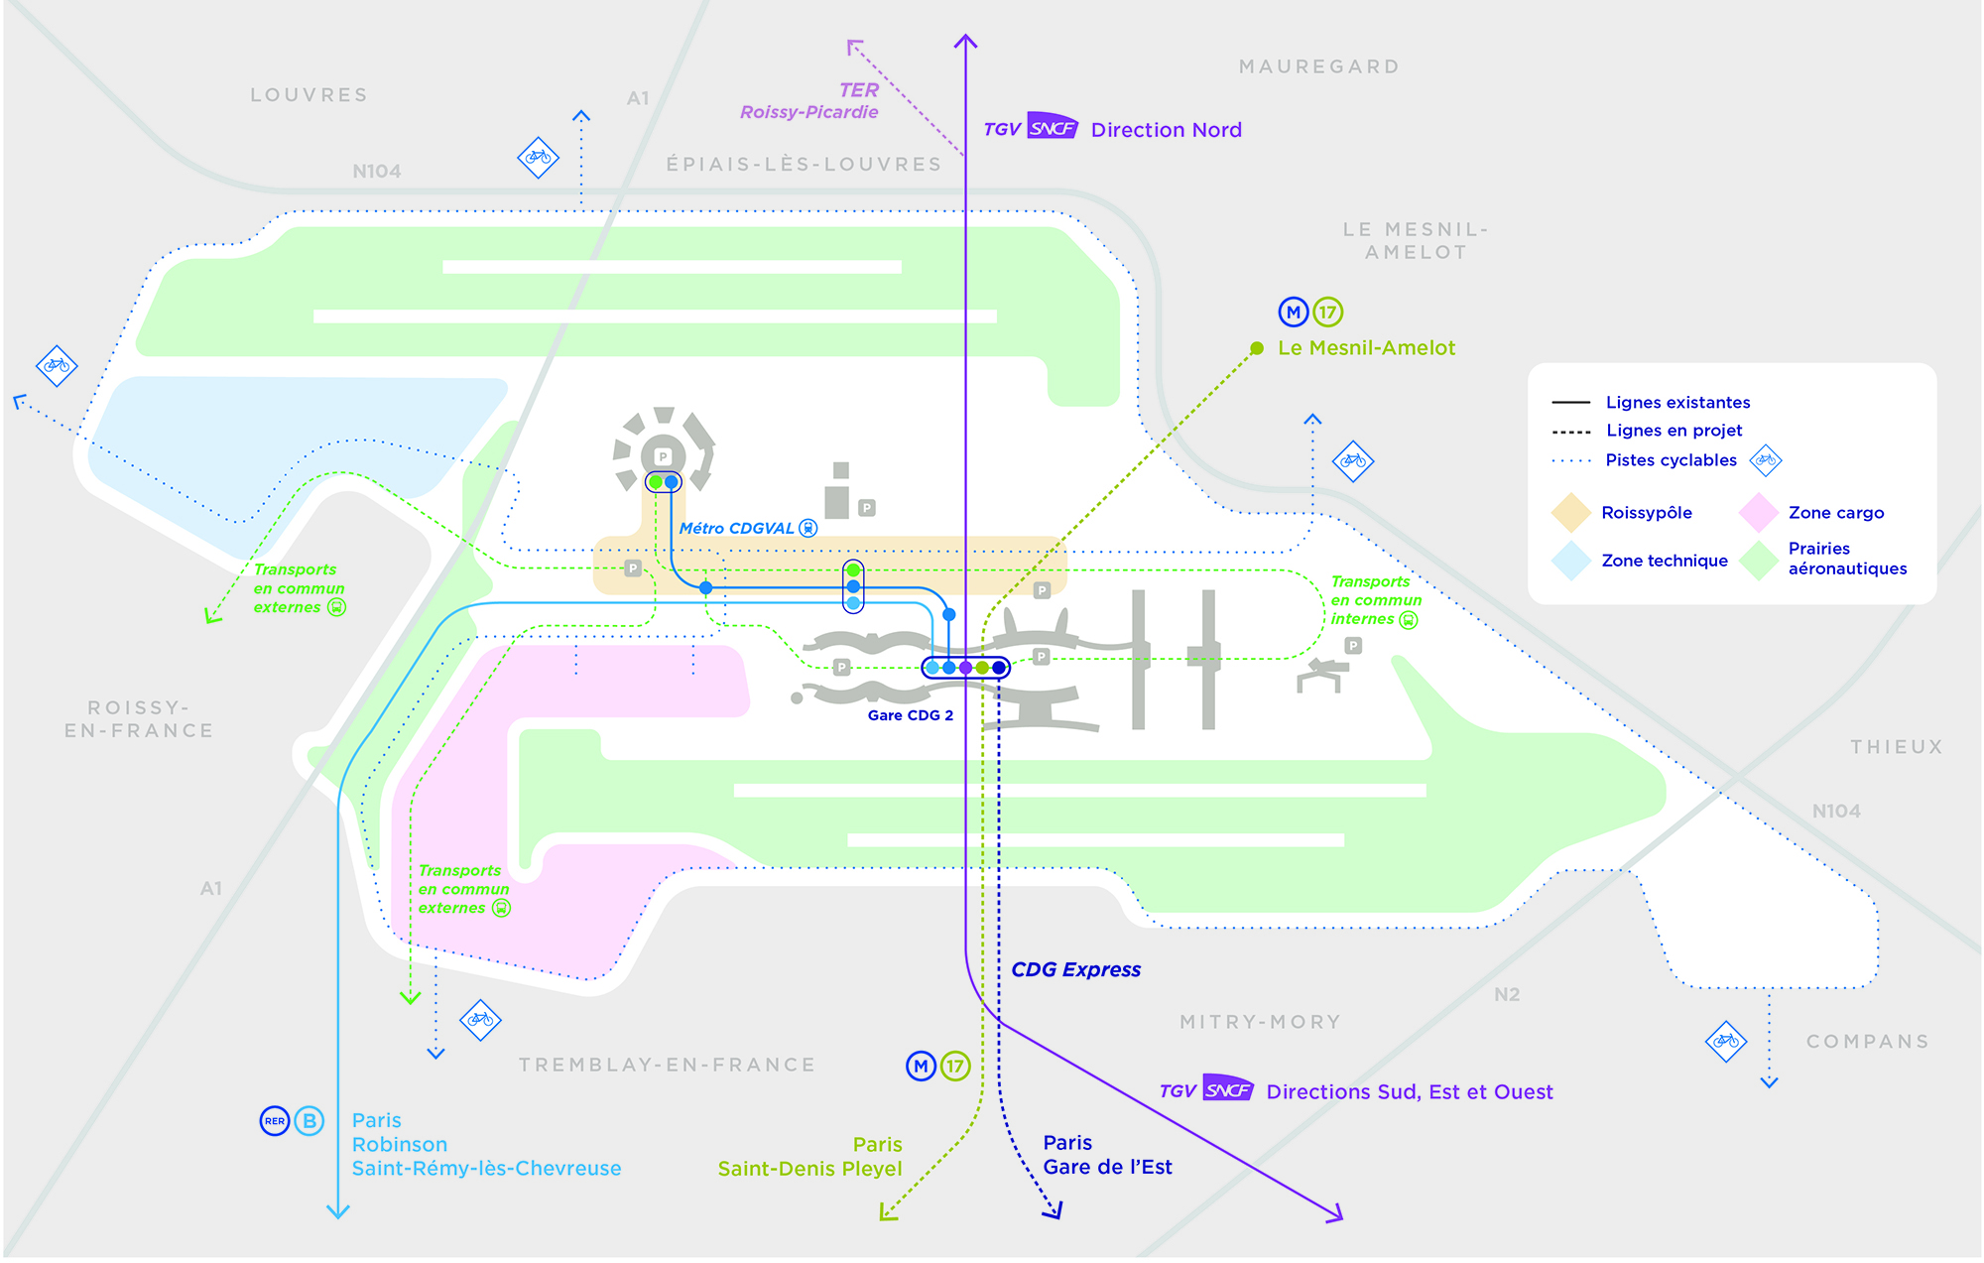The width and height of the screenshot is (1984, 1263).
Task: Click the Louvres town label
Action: pos(309,95)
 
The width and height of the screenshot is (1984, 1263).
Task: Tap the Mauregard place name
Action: pos(1319,66)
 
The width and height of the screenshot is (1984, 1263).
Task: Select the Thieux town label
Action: pos(1896,747)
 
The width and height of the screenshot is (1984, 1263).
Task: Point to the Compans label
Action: pos(1868,1042)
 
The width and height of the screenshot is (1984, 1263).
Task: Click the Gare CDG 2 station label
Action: pos(911,715)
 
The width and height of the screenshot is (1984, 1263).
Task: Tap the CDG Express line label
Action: pos(1076,969)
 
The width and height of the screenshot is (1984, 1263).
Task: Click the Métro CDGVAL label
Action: pos(737,529)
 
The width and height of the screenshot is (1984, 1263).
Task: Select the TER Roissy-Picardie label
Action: pos(809,101)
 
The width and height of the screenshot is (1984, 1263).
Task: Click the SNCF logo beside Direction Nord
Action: pos(1053,127)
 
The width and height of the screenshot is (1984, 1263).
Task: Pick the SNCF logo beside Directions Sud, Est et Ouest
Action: pos(1228,1088)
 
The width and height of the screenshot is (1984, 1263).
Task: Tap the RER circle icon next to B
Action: pos(275,1121)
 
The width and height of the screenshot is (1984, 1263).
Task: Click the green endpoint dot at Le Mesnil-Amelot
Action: pos(1257,348)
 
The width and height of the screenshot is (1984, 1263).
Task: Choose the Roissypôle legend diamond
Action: pos(1571,513)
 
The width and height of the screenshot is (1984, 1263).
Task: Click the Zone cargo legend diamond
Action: pos(1759,513)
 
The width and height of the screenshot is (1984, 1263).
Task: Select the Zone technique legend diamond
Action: pos(1571,561)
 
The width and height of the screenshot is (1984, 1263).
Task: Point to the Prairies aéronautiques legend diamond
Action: pos(1759,561)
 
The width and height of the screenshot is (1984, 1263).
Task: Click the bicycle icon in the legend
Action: pos(1766,460)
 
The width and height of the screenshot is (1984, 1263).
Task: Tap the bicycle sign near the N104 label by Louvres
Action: pos(539,157)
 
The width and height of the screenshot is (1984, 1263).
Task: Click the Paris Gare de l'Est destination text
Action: pos(1107,1155)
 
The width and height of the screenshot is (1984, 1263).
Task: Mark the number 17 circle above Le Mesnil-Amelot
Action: pos(1328,313)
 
